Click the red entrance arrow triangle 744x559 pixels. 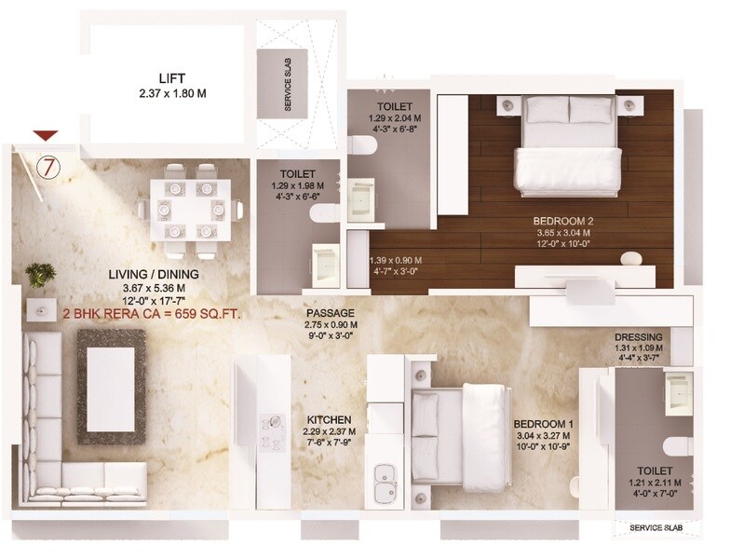47,137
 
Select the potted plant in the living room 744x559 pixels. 38,273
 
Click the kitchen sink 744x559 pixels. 385,483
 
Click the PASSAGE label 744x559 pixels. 331,314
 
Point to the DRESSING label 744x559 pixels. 639,337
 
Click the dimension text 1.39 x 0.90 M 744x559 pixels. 396,260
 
